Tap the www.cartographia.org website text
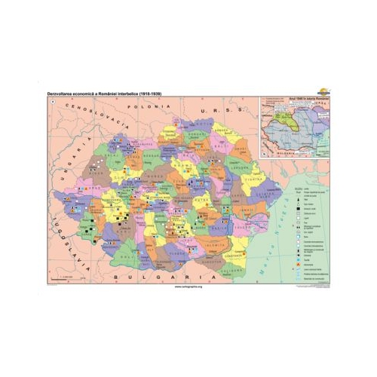click(x=188, y=287)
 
